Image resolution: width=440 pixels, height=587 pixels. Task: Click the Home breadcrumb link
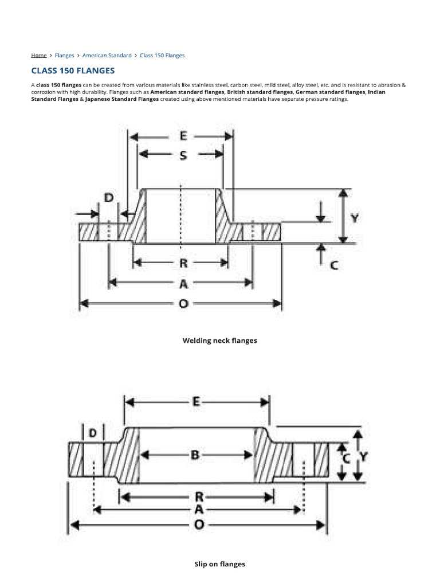(x=39, y=56)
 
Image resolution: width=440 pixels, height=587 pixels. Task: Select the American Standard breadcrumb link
(x=107, y=56)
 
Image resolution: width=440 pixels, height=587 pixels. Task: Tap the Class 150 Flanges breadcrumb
(x=162, y=56)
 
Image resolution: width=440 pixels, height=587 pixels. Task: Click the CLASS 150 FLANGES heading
(x=73, y=71)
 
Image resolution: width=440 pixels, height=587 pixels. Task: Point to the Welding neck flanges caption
(x=219, y=341)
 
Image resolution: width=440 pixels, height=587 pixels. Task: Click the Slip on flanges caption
(x=219, y=564)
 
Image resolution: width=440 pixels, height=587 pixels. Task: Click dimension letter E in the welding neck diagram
(x=183, y=136)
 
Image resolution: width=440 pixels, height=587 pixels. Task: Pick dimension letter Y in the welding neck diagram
(x=355, y=218)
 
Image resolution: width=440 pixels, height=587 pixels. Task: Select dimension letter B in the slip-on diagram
(x=195, y=456)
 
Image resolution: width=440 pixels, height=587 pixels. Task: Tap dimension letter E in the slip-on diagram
(x=196, y=402)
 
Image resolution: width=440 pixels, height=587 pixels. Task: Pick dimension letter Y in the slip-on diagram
(x=363, y=457)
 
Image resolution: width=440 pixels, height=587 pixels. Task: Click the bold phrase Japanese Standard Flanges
(x=118, y=99)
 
